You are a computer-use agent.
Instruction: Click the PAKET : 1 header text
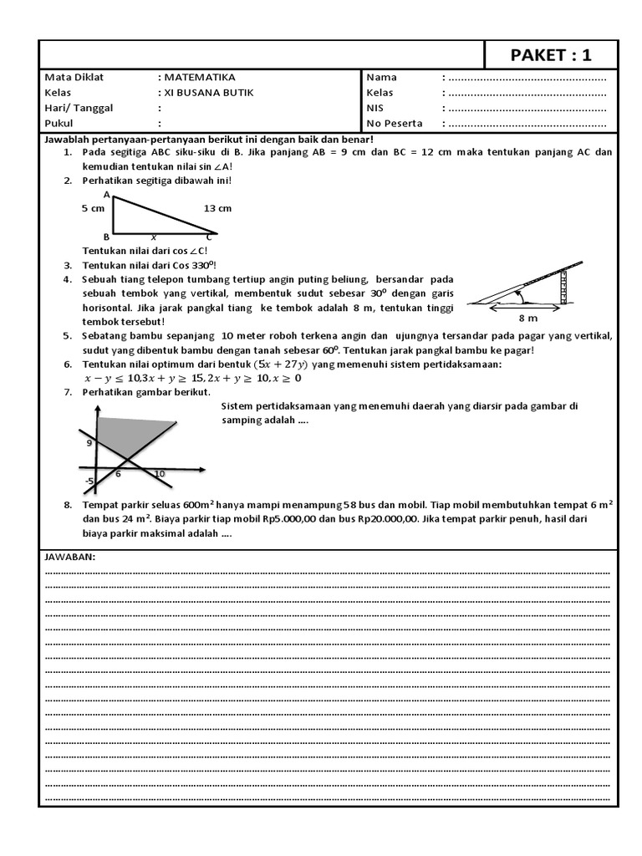551,55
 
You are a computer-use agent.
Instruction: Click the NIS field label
374,108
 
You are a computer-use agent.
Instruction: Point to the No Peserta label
394,123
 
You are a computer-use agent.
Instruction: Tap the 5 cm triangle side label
93,208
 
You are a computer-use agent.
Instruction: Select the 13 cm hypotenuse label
217,208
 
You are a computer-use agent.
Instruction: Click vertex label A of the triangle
107,194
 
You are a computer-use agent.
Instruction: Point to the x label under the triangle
154,237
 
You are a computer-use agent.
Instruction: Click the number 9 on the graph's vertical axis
89,444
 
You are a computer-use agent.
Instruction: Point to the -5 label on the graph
89,481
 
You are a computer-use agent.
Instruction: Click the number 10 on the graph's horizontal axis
160,474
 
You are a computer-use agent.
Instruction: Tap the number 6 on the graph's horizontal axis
118,474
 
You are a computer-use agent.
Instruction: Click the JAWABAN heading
69,557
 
